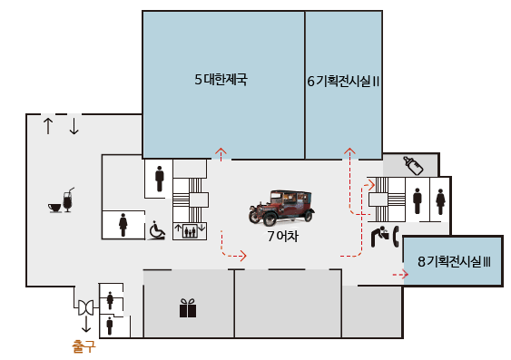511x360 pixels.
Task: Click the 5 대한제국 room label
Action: point(221,80)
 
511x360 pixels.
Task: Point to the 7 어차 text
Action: point(282,237)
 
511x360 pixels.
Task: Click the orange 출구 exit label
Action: point(84,345)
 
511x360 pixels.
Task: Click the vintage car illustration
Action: point(282,208)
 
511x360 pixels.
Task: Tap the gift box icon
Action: point(187,309)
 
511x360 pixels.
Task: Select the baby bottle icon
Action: point(413,164)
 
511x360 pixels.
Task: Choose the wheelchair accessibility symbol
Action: point(157,230)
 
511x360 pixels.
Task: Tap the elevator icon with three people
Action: point(189,230)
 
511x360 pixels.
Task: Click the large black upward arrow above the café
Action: point(48,125)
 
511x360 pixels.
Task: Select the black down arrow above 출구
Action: point(86,324)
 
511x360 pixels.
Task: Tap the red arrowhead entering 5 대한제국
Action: point(220,151)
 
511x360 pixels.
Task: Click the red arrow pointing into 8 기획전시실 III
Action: point(399,271)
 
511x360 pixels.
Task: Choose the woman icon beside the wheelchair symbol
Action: point(123,223)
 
